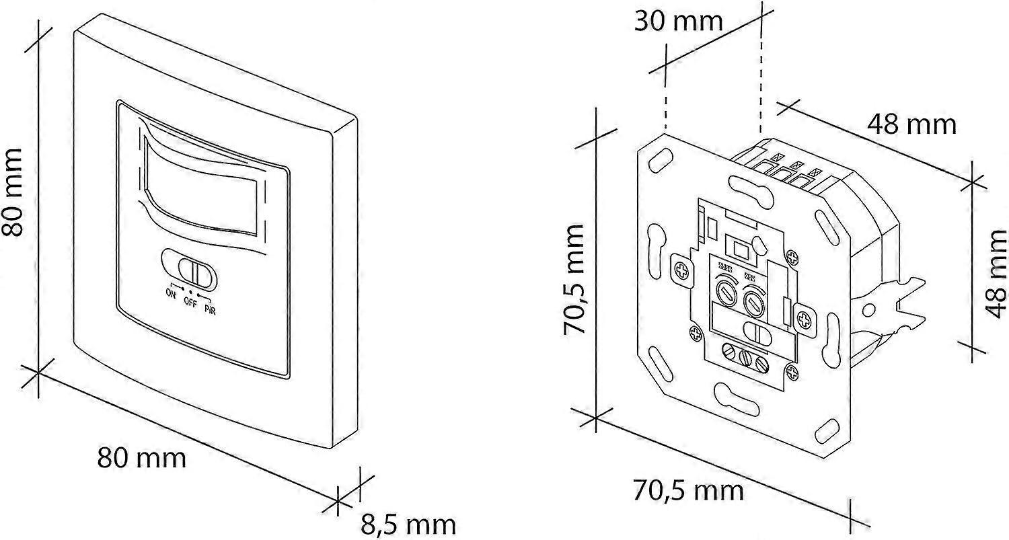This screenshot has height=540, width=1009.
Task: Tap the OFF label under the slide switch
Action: click(x=191, y=301)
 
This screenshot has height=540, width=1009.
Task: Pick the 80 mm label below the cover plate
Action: click(x=141, y=459)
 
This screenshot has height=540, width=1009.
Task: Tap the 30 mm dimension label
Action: click(x=678, y=22)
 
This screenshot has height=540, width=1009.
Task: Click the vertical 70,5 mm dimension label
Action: click(x=577, y=280)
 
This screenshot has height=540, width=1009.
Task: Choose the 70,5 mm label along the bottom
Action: click(x=689, y=490)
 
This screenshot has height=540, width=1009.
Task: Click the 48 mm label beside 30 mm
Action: click(x=911, y=124)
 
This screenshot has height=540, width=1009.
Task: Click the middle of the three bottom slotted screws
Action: click(x=744, y=357)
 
